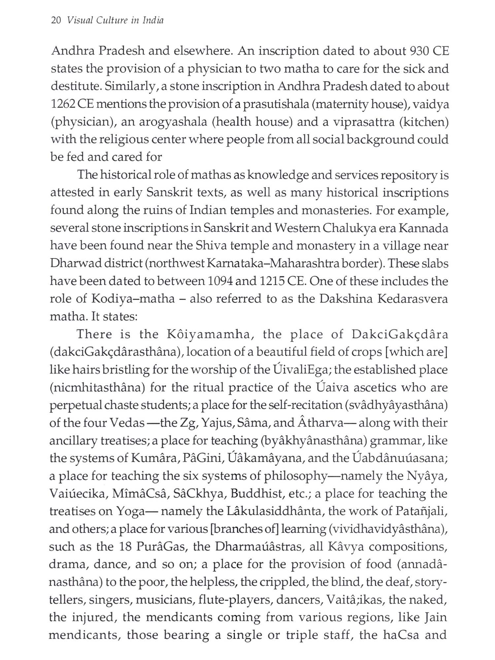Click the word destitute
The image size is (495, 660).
[75, 87]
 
